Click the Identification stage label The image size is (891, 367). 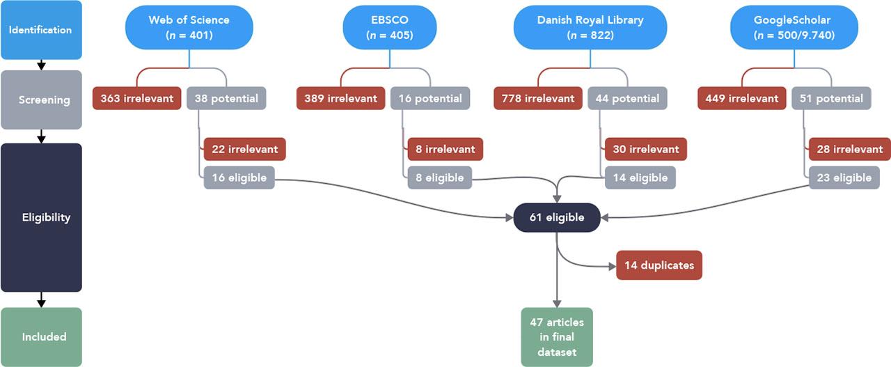(41, 30)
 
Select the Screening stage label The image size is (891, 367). (41, 100)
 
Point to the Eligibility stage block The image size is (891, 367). (41, 217)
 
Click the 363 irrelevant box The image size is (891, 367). (137, 98)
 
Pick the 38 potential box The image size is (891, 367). (226, 98)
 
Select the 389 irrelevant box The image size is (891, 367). (340, 98)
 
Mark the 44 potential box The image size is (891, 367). (627, 98)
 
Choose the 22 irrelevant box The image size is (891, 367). (244, 149)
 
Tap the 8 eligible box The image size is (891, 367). (439, 178)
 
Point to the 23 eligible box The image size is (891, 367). (843, 178)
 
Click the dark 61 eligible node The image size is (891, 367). (556, 217)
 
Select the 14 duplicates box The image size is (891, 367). (659, 265)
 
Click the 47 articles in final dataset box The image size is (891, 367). (556, 337)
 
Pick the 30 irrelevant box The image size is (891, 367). (645, 149)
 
